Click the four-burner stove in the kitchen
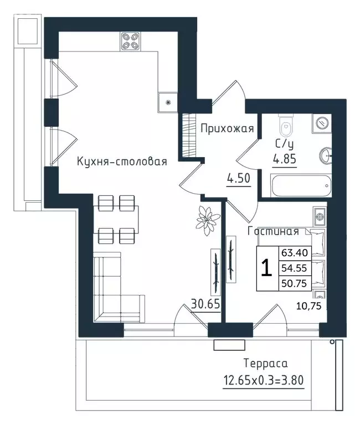click(131, 41)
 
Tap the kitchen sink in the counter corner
click(168, 102)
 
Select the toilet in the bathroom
click(286, 125)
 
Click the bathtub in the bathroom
click(301, 186)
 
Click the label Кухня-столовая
click(122, 162)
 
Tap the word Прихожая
click(227, 128)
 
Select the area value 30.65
click(205, 304)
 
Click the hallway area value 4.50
click(239, 179)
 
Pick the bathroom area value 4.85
click(285, 159)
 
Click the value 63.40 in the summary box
click(295, 253)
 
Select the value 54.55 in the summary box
click(294, 268)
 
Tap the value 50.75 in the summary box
click(294, 283)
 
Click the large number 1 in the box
click(266, 267)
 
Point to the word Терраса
click(266, 364)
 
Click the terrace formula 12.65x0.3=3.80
click(264, 380)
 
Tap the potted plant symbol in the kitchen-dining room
click(208, 220)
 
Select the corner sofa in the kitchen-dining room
click(119, 287)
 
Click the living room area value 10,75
click(308, 306)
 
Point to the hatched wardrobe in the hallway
click(189, 135)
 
